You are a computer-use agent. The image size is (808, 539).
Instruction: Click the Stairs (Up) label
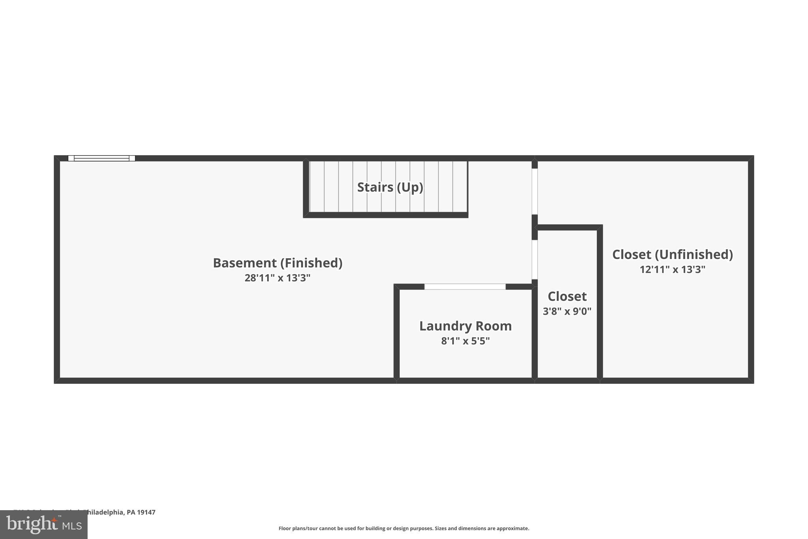pyautogui.click(x=390, y=187)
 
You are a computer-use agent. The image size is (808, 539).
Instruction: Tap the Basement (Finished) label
pyautogui.click(x=277, y=263)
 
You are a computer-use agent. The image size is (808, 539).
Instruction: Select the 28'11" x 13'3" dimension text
pyautogui.click(x=277, y=278)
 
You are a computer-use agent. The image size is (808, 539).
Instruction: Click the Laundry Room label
pyautogui.click(x=465, y=326)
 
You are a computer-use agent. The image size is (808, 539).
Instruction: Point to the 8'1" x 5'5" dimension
pyautogui.click(x=465, y=341)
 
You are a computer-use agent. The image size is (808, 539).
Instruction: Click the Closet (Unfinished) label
pyautogui.click(x=672, y=255)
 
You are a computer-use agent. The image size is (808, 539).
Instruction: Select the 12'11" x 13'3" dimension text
pyautogui.click(x=672, y=270)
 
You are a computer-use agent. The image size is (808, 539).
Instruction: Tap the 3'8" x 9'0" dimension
pyautogui.click(x=567, y=312)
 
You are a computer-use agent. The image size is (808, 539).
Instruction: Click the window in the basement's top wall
pyautogui.click(x=101, y=158)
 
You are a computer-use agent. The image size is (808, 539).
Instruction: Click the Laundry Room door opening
pyautogui.click(x=465, y=287)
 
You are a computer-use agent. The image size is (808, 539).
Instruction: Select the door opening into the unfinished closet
pyautogui.click(x=535, y=192)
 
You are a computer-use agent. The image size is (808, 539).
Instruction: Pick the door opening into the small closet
pyautogui.click(x=535, y=259)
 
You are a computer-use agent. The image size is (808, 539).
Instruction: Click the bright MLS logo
pyautogui.click(x=44, y=525)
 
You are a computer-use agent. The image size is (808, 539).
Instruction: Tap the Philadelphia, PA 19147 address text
pyautogui.click(x=118, y=512)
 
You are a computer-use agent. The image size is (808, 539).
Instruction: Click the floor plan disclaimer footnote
pyautogui.click(x=404, y=528)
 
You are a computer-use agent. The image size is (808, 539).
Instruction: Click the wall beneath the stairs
pyautogui.click(x=385, y=215)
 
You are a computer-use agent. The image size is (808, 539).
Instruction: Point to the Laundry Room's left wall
pyautogui.click(x=397, y=332)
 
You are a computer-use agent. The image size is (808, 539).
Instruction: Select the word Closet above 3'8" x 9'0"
pyautogui.click(x=567, y=297)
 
